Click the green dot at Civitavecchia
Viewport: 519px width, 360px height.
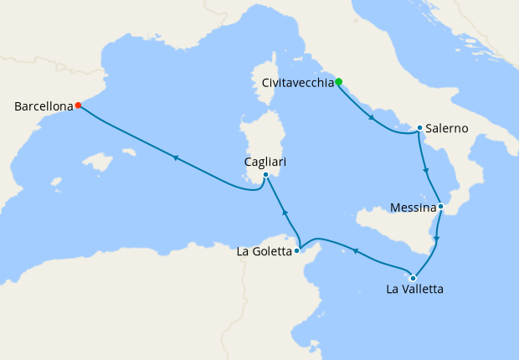click(339, 82)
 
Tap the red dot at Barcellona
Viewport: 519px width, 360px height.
click(78, 105)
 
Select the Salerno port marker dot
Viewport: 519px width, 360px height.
click(419, 128)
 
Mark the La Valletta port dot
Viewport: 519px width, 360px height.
click(412, 277)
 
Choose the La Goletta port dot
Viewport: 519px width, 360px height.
click(297, 250)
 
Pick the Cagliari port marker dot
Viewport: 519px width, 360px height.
click(265, 175)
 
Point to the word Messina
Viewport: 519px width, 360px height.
click(414, 207)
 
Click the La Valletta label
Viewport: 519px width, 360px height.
click(414, 291)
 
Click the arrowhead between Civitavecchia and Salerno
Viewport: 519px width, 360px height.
click(372, 119)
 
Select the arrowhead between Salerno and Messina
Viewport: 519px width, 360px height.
click(427, 172)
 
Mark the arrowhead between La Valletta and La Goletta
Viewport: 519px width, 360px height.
click(356, 250)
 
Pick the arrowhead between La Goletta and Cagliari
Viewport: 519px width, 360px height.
click(285, 211)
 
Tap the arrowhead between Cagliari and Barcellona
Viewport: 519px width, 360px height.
click(176, 157)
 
